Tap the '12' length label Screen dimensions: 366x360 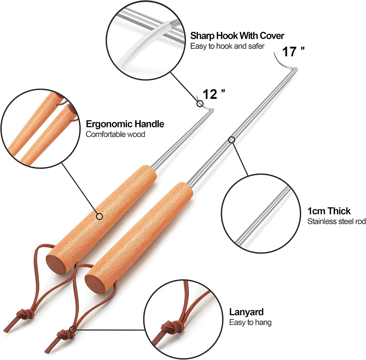click(210, 94)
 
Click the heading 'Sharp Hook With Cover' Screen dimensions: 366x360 click(237, 36)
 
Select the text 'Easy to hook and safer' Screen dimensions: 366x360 click(227, 46)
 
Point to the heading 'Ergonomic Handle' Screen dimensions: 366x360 click(125, 124)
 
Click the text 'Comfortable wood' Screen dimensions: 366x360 click(115, 134)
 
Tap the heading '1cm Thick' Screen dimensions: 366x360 click(329, 211)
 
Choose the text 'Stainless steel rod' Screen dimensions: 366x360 click(337, 221)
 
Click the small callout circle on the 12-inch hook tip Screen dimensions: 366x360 click(200, 104)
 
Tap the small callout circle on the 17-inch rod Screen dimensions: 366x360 click(232, 140)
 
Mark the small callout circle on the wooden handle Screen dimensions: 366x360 click(99, 216)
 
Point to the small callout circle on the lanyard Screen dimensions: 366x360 click(72, 329)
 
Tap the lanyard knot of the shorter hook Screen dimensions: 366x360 click(25, 315)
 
